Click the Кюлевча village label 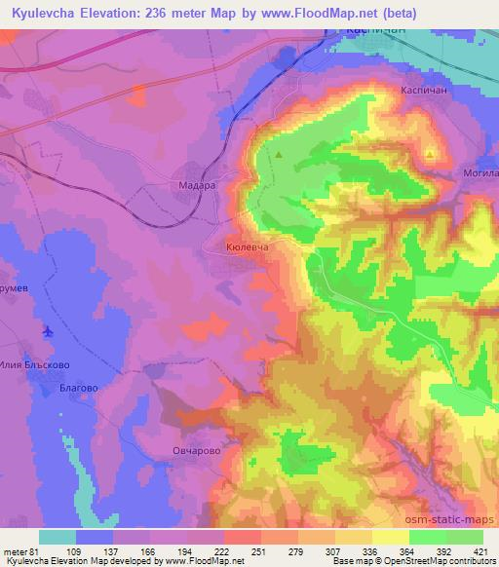[x=247, y=248]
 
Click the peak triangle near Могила [x=430, y=153]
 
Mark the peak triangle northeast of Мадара [x=280, y=154]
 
